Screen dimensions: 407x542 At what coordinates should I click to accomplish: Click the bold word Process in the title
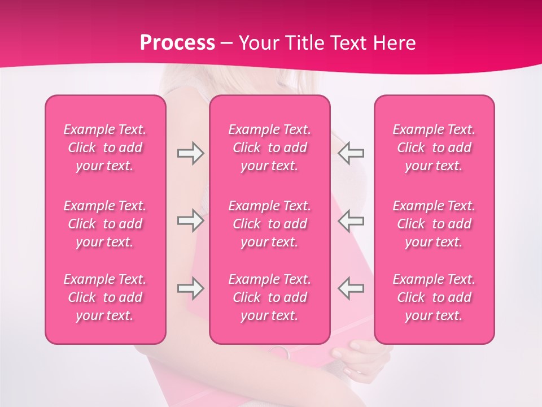(x=177, y=43)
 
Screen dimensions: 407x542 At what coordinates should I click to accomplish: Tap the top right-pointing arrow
(x=190, y=153)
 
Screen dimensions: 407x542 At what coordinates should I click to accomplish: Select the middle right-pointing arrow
(x=190, y=220)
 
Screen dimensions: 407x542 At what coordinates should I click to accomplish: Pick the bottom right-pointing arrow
(x=190, y=288)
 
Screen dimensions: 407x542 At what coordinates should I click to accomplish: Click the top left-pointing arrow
(x=351, y=153)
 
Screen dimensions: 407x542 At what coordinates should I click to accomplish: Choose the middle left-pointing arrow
(x=351, y=220)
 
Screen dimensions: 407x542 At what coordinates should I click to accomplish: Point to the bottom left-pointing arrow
(x=351, y=288)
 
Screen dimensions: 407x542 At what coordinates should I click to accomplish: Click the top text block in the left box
(x=105, y=148)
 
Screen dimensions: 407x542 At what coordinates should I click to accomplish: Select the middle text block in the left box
(x=105, y=224)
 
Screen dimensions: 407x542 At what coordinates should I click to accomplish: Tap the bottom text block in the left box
(x=105, y=297)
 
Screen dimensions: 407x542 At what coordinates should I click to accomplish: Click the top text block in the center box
(x=269, y=148)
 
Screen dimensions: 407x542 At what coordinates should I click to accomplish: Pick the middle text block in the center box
(x=269, y=224)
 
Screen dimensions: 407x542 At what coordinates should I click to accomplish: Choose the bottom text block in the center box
(x=269, y=297)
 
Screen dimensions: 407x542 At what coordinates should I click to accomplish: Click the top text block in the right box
(x=434, y=148)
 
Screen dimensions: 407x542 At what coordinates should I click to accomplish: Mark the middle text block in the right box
(x=434, y=224)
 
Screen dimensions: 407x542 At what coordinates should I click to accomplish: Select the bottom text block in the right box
(x=434, y=297)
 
